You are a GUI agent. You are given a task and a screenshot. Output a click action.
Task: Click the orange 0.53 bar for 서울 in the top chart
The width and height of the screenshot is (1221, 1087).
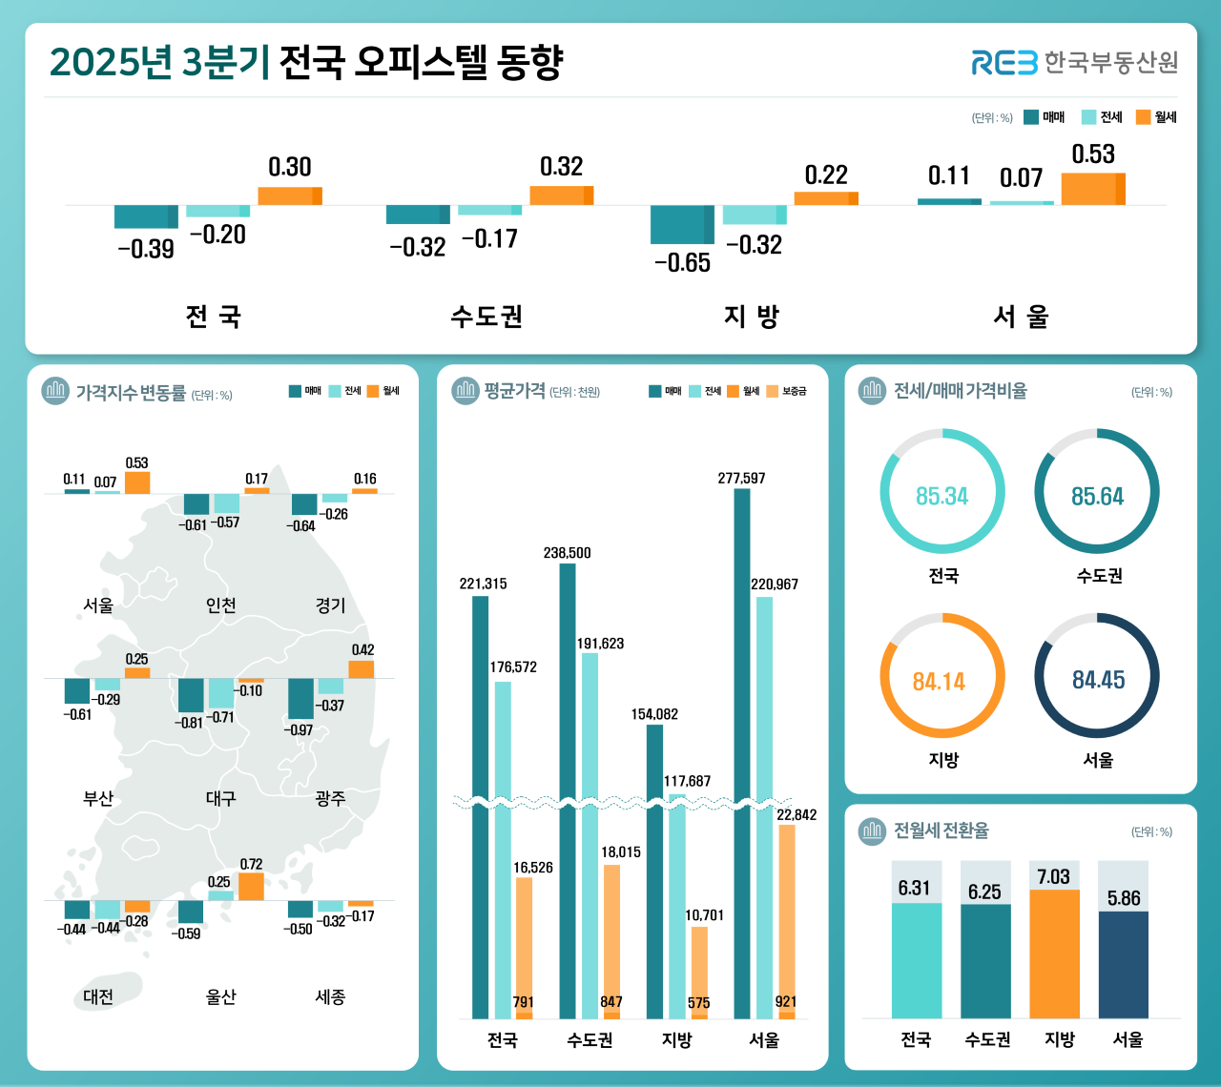click(1092, 189)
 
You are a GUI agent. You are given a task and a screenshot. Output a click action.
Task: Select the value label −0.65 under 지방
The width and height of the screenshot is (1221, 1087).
click(682, 263)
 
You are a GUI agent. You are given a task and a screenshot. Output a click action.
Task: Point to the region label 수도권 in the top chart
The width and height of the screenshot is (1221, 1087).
click(486, 317)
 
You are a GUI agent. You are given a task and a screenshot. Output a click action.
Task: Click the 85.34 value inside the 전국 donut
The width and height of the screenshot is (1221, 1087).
click(942, 497)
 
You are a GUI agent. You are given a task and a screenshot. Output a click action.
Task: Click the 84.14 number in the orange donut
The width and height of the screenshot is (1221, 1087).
click(939, 682)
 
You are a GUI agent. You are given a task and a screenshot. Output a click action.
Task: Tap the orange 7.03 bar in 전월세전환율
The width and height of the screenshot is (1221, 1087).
click(1054, 954)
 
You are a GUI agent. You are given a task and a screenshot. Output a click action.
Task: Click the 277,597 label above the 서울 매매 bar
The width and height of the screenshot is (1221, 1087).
click(741, 479)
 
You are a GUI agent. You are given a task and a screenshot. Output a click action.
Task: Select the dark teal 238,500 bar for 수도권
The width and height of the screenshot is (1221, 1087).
click(568, 791)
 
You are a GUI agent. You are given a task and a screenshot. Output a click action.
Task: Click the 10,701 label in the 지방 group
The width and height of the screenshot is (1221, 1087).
click(704, 915)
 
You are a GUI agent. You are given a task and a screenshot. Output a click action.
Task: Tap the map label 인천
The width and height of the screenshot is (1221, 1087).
click(220, 605)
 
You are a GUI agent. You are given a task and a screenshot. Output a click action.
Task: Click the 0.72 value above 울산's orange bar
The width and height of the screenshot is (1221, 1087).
click(251, 865)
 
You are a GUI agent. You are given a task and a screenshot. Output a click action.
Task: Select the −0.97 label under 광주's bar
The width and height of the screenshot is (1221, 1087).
click(298, 729)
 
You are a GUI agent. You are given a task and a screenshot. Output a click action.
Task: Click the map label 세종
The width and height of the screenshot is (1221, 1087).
click(330, 997)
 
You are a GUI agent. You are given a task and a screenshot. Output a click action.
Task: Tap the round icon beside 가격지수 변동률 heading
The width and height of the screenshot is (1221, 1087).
click(55, 391)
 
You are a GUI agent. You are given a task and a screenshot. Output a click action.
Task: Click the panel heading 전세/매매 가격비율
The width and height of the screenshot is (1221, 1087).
click(960, 391)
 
